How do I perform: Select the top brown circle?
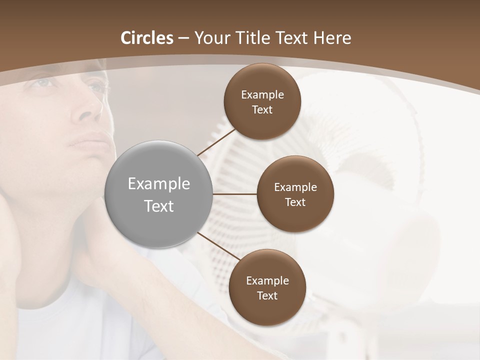tap(262, 101)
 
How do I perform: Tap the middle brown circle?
tap(295, 194)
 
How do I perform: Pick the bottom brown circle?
tap(267, 287)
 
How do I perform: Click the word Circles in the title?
tap(147, 38)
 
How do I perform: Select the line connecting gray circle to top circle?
tap(216, 140)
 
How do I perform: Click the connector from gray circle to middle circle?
tap(234, 194)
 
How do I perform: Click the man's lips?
tap(89, 139)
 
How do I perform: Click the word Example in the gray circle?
tap(159, 184)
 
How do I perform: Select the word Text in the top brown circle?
tap(262, 110)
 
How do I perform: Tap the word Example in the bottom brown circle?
tap(267, 280)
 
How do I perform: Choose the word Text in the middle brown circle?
tap(295, 202)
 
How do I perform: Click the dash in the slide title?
tap(183, 38)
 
